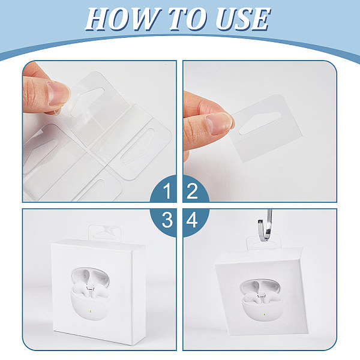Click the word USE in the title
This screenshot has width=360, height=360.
tap(243, 19)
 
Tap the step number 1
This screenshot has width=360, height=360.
tap(167, 191)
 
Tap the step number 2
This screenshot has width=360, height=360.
tap(192, 191)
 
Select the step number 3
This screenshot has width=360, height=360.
tap(167, 220)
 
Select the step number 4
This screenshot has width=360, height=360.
tap(192, 220)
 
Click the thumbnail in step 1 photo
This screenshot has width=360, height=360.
tap(58, 92)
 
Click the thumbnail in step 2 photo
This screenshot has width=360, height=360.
tap(219, 124)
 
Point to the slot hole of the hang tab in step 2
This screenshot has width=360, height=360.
tap(259, 123)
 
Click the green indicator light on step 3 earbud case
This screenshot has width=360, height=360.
tap(91, 312)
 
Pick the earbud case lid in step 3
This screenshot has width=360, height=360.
tap(90, 278)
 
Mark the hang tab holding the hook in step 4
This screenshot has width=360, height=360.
tap(264, 242)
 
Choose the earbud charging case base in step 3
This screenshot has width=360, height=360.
tap(90, 306)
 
